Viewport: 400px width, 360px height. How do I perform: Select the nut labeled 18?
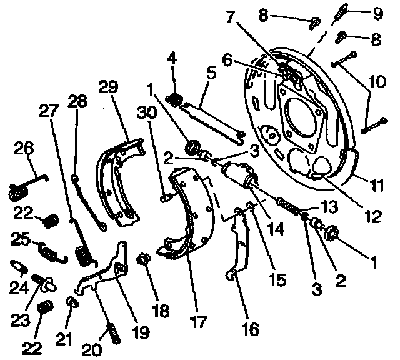pyautogui.click(x=142, y=258)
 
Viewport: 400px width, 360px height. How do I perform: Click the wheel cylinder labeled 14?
pyautogui.click(x=239, y=174)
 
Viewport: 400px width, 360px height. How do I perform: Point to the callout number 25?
pyautogui.click(x=22, y=240)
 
